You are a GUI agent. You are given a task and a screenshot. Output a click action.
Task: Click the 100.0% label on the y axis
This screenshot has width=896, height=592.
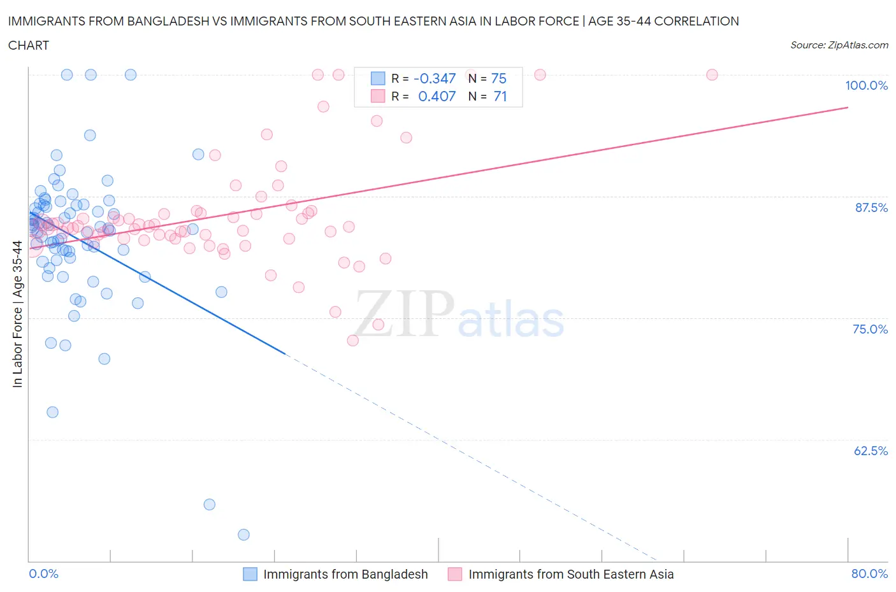[x=866, y=86]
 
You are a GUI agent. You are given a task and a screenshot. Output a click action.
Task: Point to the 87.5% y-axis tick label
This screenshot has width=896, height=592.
[x=871, y=208]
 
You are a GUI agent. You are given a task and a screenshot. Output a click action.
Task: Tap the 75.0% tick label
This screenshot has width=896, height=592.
[x=870, y=329]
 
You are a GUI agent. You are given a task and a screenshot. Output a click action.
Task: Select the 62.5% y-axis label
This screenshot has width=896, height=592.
[x=870, y=451]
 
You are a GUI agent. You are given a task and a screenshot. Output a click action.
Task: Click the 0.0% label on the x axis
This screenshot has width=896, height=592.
[x=43, y=574]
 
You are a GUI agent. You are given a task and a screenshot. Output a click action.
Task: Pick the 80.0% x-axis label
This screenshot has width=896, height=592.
[x=869, y=574]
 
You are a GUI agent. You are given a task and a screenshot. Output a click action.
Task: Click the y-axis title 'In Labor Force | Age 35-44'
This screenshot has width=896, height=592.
[x=17, y=314]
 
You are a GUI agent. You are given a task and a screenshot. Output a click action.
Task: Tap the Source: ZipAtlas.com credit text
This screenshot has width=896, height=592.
[x=839, y=45]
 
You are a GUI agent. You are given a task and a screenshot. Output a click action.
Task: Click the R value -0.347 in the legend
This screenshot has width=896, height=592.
[x=435, y=78]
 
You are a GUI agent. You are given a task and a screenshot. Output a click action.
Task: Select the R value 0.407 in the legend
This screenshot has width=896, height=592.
[x=437, y=96]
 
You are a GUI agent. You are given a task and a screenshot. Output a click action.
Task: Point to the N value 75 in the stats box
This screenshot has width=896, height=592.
[x=498, y=78]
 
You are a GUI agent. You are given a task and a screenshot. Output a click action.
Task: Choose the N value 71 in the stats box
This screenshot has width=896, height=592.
[x=500, y=96]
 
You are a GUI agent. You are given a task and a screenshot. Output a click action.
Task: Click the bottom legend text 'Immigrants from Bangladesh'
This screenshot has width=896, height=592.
[x=345, y=574]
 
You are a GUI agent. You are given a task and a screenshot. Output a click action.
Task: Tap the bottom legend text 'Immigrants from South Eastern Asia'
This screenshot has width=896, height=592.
[x=571, y=574]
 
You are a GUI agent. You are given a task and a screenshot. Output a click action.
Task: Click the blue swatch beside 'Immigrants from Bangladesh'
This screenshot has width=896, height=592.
[x=250, y=574]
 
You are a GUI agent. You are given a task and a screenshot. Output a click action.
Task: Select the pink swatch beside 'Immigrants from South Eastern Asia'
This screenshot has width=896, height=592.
[x=455, y=574]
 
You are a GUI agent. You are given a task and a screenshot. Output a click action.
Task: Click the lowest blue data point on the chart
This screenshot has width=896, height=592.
[x=243, y=535]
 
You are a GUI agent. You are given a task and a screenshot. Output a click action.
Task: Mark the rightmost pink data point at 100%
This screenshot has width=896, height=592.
[x=712, y=74]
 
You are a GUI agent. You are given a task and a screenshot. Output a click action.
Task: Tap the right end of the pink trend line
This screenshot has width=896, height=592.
[x=848, y=108]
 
